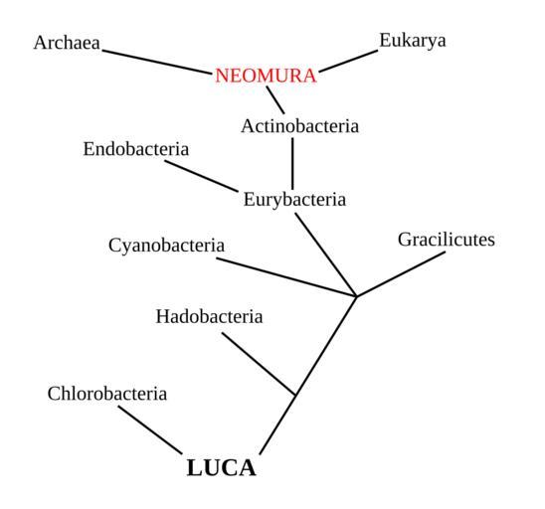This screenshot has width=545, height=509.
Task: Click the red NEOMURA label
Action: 266,76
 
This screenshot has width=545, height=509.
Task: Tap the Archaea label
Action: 67,43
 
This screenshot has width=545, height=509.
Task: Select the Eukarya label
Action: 413,41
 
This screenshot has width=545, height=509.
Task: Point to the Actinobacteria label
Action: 300,126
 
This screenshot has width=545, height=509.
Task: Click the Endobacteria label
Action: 136,149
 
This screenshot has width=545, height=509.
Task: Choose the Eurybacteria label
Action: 294,200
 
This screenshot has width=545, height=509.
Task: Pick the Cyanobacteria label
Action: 166,246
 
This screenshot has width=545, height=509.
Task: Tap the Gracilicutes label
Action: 447,240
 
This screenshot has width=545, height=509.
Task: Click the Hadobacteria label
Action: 209,316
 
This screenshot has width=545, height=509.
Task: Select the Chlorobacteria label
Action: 107,394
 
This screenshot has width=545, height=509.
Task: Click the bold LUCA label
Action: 222,467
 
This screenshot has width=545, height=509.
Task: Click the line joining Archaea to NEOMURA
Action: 157,63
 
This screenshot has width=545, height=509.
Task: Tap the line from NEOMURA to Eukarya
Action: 348,62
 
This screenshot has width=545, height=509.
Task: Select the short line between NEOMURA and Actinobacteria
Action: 275,99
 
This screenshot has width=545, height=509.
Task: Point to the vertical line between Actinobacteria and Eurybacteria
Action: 292,164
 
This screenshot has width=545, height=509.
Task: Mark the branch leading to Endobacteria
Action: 201,176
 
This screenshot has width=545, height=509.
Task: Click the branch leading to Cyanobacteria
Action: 286,277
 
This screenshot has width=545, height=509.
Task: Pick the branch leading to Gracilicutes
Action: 401,274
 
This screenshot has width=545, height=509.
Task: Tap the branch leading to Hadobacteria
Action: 259,364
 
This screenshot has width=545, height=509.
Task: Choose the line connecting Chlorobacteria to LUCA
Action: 150,429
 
